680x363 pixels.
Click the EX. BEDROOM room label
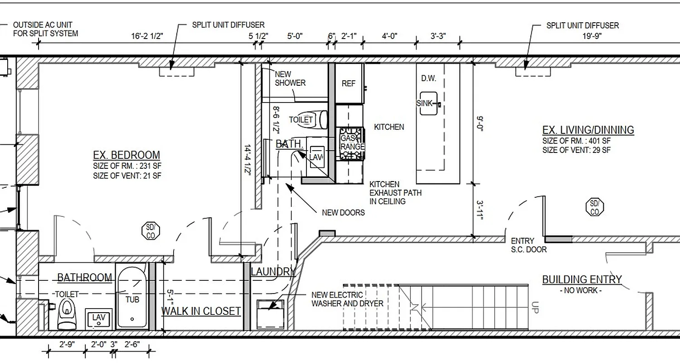[126, 155]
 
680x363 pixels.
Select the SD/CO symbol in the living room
[595, 207]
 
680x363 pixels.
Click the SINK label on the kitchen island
[425, 103]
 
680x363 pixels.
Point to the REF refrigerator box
[349, 83]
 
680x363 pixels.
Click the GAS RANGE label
[352, 142]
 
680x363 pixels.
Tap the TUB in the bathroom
[132, 299]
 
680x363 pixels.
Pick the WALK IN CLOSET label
[201, 311]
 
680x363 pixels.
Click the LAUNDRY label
[272, 272]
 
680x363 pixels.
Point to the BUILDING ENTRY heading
[582, 280]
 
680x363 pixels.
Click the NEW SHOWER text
[290, 78]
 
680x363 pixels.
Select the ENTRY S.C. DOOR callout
[528, 245]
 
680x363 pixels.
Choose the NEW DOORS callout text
[343, 212]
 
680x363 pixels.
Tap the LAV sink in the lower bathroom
[99, 318]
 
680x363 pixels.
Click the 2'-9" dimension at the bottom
[67, 344]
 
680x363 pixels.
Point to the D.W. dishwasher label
[428, 78]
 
